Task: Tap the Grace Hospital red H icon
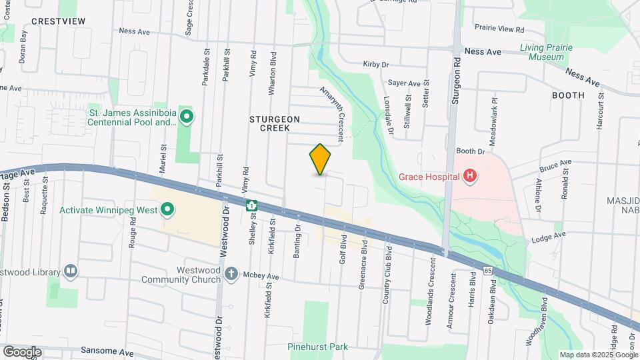click(471, 176)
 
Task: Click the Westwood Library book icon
click(70, 271)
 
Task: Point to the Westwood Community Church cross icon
click(231, 273)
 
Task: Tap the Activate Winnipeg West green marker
click(168, 210)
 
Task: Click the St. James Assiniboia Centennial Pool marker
click(187, 118)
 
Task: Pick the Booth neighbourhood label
click(568, 95)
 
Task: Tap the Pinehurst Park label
click(318, 347)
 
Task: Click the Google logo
click(21, 351)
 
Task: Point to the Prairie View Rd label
click(500, 29)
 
